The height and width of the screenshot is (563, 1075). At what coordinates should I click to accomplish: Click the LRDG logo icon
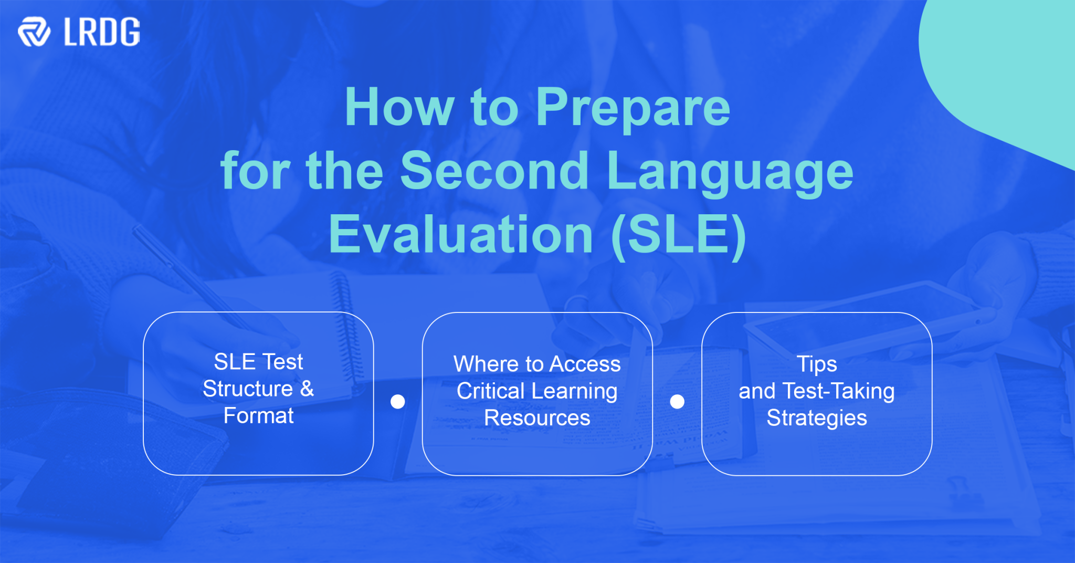click(34, 32)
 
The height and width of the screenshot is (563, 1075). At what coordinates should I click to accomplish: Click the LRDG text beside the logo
click(102, 32)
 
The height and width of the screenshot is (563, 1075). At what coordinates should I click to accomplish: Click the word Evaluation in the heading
click(460, 235)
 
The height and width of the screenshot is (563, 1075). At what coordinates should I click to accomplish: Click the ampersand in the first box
click(307, 389)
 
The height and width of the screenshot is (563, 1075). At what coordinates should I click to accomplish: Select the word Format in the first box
click(258, 416)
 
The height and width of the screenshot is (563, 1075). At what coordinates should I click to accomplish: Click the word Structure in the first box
click(247, 389)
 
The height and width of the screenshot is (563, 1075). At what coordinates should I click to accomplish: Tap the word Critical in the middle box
click(490, 391)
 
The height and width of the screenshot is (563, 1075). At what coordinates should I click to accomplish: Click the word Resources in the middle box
click(537, 418)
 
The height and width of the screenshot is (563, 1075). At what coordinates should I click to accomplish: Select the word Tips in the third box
click(816, 364)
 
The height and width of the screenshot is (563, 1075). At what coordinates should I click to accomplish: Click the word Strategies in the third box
click(816, 419)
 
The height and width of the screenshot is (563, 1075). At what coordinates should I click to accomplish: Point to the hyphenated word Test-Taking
click(838, 391)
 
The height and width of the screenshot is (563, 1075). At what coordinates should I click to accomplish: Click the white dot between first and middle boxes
click(398, 402)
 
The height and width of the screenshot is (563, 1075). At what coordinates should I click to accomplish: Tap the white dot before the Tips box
click(677, 402)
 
